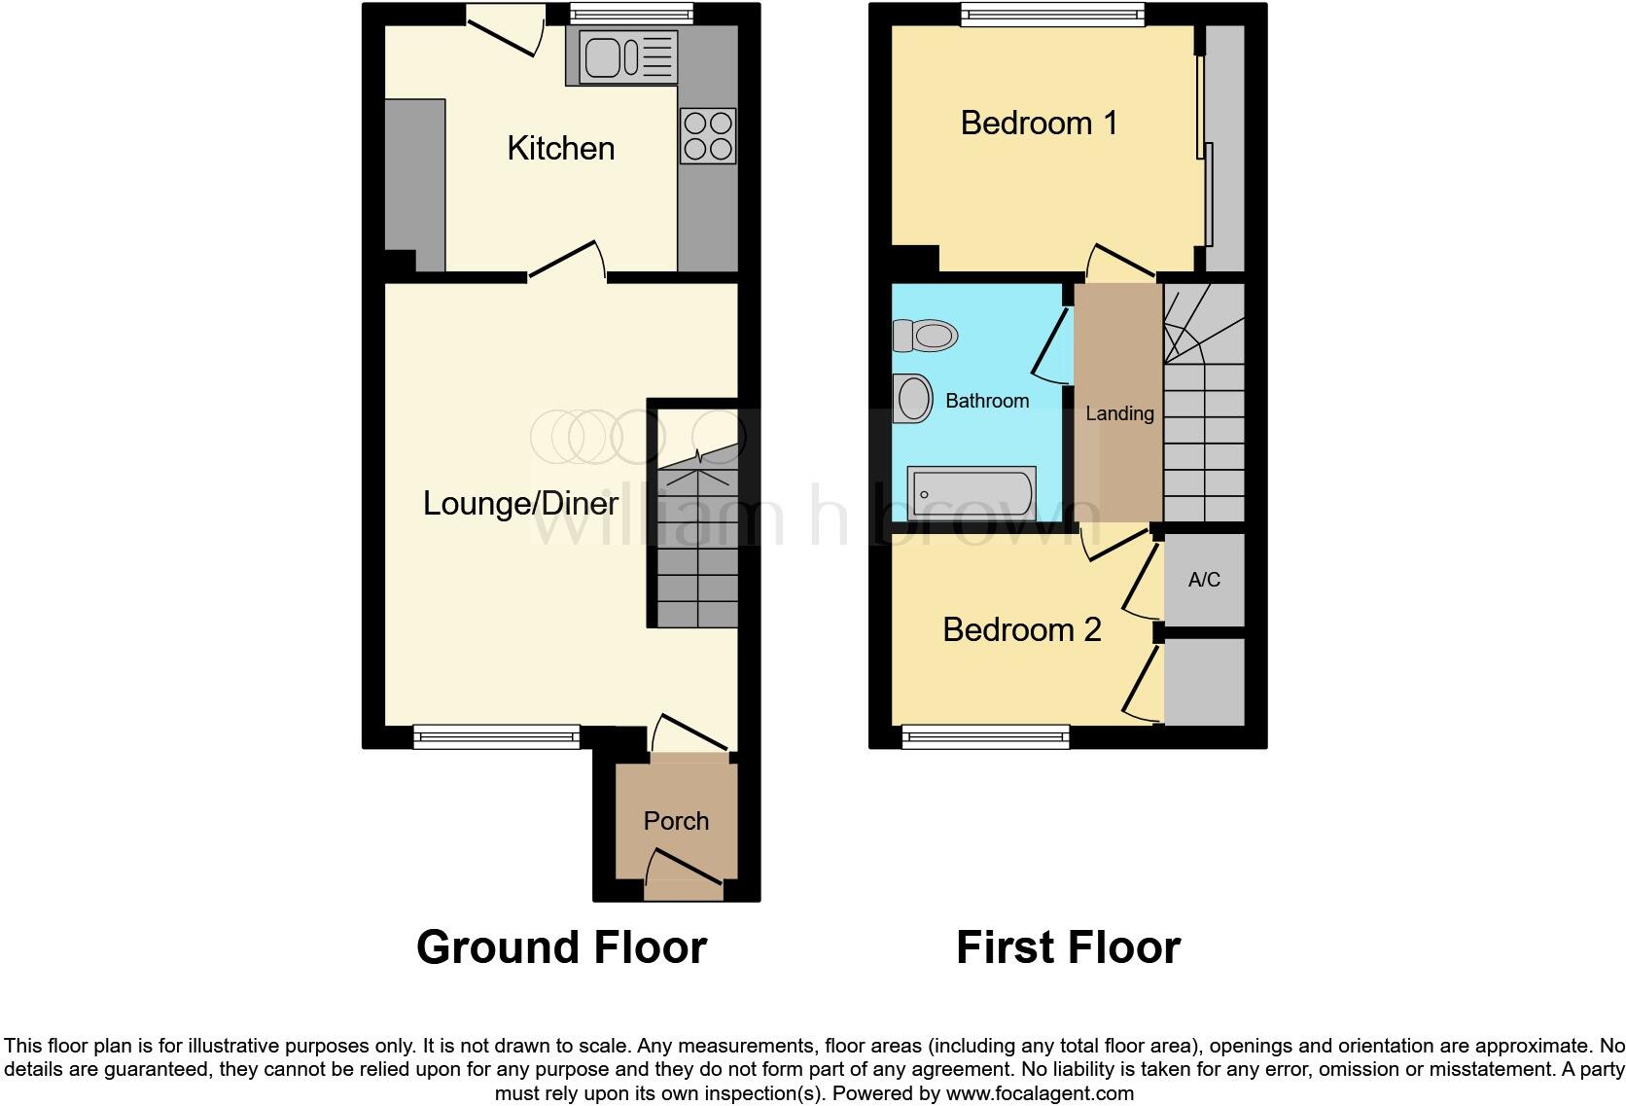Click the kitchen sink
point(627,55)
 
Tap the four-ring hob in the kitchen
point(708,136)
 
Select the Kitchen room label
point(561,149)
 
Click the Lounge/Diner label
point(520,503)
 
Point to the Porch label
point(676,821)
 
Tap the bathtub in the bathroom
point(971,492)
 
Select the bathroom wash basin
point(913,398)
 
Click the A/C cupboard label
point(1204,580)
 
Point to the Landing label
point(1119,413)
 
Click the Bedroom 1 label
point(1039,124)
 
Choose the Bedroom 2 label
point(1021,629)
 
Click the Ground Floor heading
point(561,947)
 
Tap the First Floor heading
point(1068,947)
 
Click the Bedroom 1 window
point(1052,14)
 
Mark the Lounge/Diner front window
point(496,737)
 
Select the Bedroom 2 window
point(986,737)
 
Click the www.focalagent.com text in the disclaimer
point(1040,1093)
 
